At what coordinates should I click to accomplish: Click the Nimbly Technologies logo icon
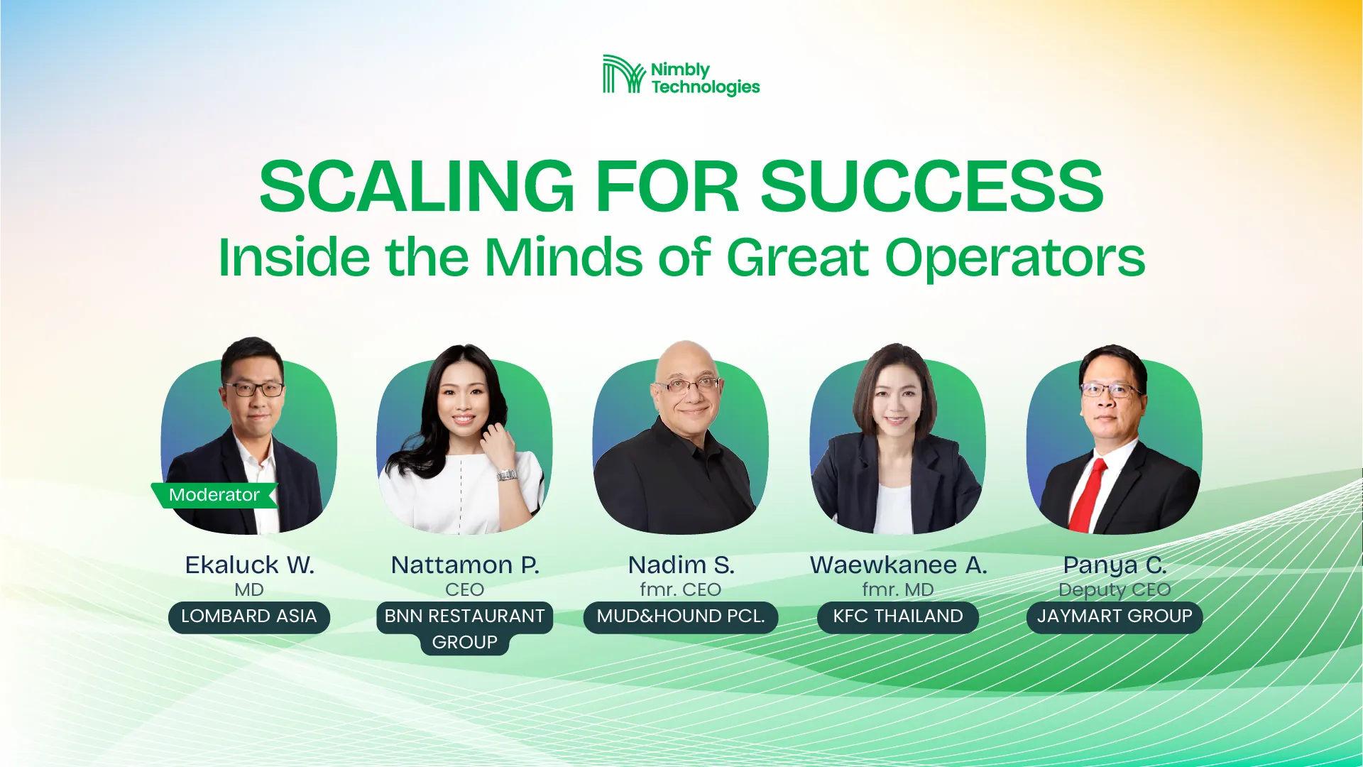[x=623, y=74]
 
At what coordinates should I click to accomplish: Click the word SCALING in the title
[x=417, y=186]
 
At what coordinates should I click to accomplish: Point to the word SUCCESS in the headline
[x=932, y=186]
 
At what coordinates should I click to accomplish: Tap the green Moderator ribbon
[x=214, y=495]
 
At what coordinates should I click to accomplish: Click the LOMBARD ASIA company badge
[x=249, y=616]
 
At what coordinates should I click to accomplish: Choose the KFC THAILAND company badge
[x=898, y=616]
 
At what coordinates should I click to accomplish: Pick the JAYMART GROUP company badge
[x=1115, y=616]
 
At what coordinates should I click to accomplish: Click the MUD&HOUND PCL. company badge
[x=681, y=616]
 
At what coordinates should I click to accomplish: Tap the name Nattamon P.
[x=465, y=565]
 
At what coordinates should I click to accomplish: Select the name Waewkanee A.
[x=898, y=565]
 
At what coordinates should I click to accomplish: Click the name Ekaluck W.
[x=249, y=565]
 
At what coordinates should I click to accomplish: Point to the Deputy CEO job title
[x=1115, y=590]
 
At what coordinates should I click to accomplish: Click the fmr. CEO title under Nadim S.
[x=681, y=589]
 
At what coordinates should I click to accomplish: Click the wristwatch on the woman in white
[x=506, y=474]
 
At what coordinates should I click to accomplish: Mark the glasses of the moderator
[x=254, y=388]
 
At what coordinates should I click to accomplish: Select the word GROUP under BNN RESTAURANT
[x=465, y=643]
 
